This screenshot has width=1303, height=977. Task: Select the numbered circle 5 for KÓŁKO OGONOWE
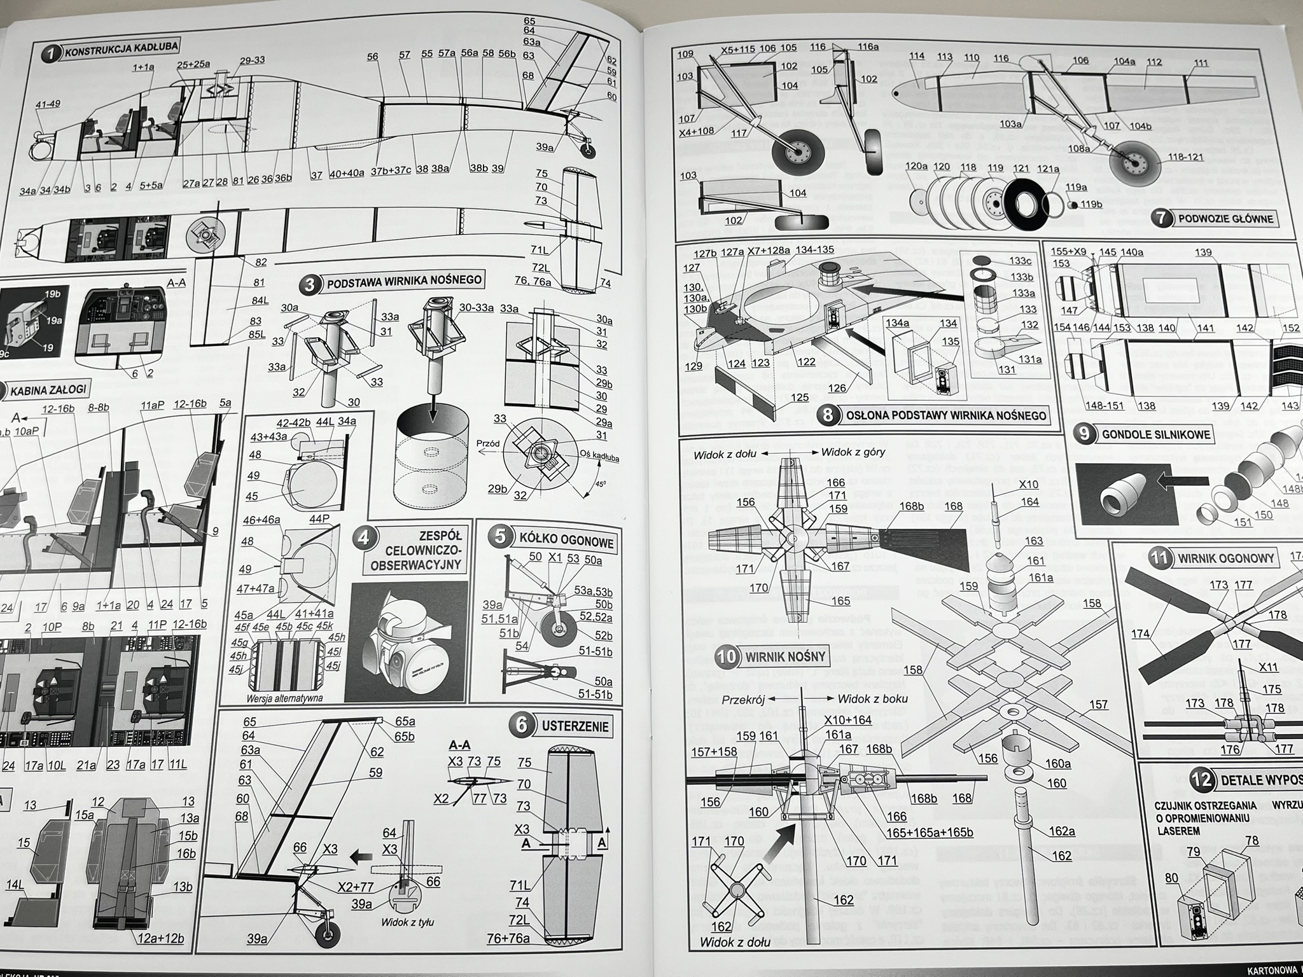tap(501, 536)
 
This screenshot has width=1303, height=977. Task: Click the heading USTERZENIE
tap(575, 726)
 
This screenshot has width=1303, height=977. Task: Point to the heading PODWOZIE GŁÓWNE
tap(1225, 219)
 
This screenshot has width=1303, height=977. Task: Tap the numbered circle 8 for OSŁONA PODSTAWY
tap(828, 415)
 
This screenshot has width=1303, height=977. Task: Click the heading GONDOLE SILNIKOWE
tap(1155, 435)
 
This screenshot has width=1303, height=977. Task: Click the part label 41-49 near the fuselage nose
tap(48, 104)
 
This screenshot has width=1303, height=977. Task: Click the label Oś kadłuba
tap(596, 456)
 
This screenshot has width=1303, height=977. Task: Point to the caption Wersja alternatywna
tap(285, 698)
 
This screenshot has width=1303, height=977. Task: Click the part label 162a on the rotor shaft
tap(1062, 831)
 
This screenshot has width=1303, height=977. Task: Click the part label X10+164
tap(847, 719)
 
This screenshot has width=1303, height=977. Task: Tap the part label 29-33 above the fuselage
tap(252, 60)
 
